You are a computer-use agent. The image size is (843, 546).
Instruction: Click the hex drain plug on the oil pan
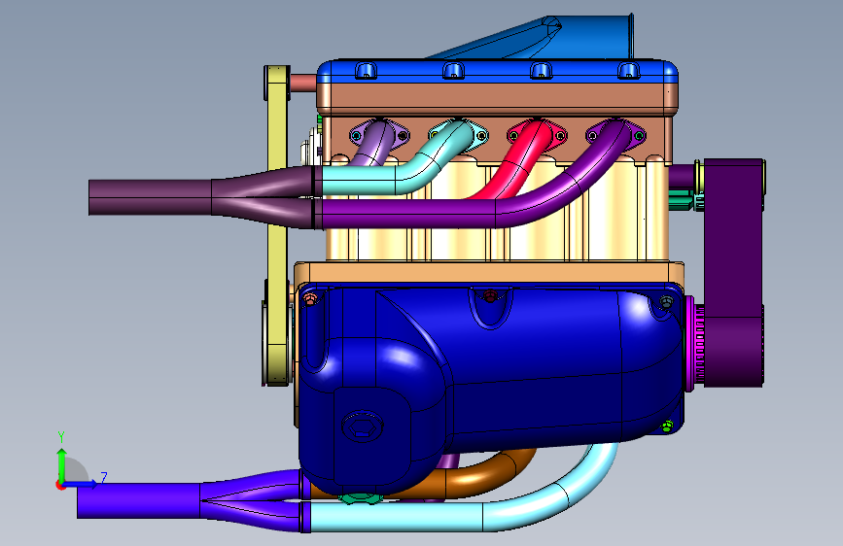pyautogui.click(x=363, y=427)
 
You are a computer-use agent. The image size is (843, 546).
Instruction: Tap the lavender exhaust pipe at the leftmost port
pyautogui.click(x=373, y=144)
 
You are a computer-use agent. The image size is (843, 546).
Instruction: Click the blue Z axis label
pyautogui.click(x=104, y=477)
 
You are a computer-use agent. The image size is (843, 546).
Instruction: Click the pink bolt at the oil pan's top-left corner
pyautogui.click(x=310, y=299)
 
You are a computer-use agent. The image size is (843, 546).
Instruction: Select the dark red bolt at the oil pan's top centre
pyautogui.click(x=489, y=295)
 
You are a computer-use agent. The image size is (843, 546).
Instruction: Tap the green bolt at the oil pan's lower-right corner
pyautogui.click(x=667, y=427)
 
